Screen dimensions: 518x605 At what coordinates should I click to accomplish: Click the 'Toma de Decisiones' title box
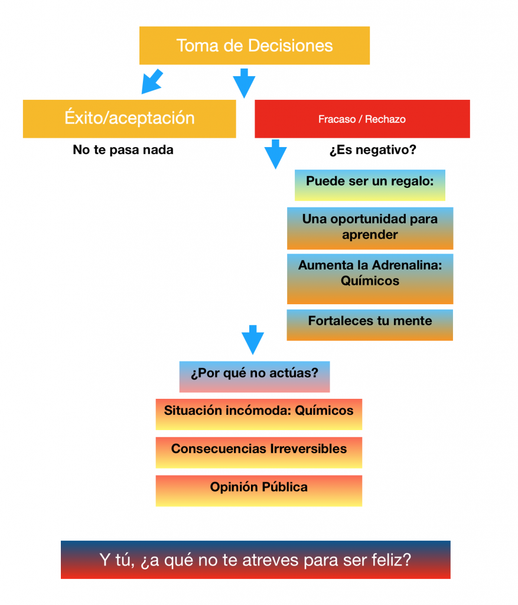pyautogui.click(x=255, y=45)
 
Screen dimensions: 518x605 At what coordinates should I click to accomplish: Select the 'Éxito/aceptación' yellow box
pyautogui.click(x=129, y=119)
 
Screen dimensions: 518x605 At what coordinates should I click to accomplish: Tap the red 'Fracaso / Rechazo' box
pyautogui.click(x=362, y=119)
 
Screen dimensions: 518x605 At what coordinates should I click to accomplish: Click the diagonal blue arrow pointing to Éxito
pyautogui.click(x=152, y=82)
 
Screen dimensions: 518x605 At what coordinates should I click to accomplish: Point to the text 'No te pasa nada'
pyautogui.click(x=123, y=149)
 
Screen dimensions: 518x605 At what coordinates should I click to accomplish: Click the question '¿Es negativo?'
pyautogui.click(x=373, y=149)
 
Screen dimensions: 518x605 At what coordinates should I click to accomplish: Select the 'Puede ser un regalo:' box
pyautogui.click(x=370, y=185)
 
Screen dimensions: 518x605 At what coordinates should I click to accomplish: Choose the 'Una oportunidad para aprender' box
pyautogui.click(x=370, y=229)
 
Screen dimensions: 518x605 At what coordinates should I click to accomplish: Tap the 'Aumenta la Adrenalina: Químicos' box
pyautogui.click(x=370, y=279)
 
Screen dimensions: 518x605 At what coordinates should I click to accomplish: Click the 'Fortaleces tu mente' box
pyautogui.click(x=370, y=325)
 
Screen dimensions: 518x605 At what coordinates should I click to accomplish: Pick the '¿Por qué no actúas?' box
pyautogui.click(x=255, y=377)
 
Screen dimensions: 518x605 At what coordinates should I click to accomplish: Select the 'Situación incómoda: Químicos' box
pyautogui.click(x=259, y=414)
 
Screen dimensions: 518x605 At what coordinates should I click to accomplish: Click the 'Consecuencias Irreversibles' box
pyautogui.click(x=259, y=453)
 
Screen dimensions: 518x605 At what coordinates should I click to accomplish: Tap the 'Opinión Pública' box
pyautogui.click(x=259, y=491)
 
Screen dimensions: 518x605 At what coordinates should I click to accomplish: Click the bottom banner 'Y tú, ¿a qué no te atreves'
pyautogui.click(x=255, y=560)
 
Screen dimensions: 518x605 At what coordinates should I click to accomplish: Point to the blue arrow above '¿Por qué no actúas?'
pyautogui.click(x=253, y=340)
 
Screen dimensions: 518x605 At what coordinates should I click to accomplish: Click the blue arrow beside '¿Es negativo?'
pyautogui.click(x=275, y=154)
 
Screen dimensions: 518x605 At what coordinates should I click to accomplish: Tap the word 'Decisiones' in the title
pyautogui.click(x=291, y=45)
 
